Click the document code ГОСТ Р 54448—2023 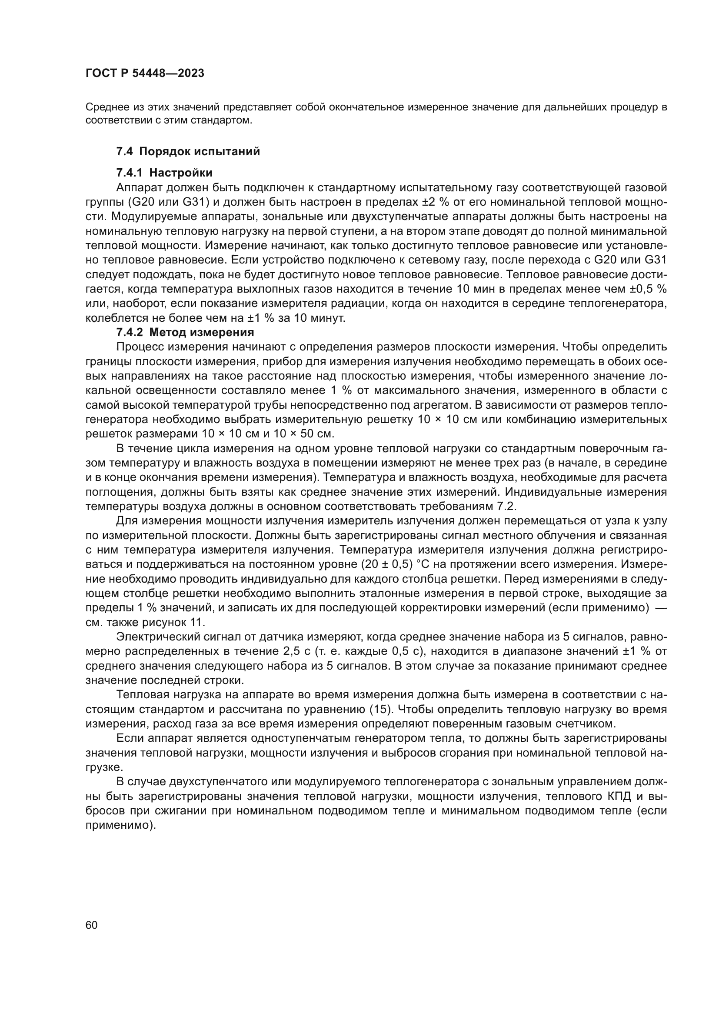pyautogui.click(x=145, y=73)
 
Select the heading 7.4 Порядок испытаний pyautogui.click(x=188, y=151)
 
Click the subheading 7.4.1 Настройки pyautogui.click(x=164, y=172)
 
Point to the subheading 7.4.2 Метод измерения pyautogui.click(x=185, y=332)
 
